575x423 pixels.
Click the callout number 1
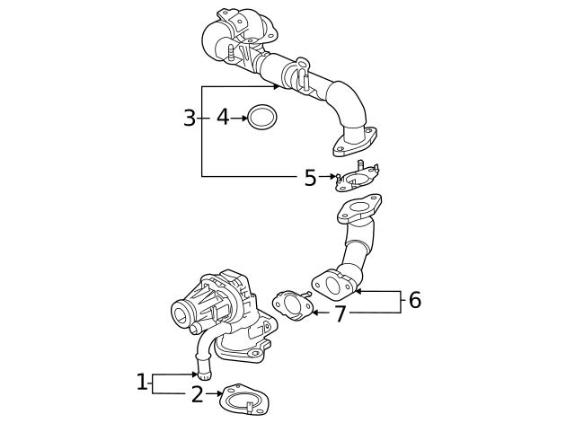pyautogui.click(x=141, y=383)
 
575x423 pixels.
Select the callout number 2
pyautogui.click(x=197, y=394)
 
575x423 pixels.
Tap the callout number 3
pyautogui.click(x=189, y=119)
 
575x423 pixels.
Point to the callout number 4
pyautogui.click(x=222, y=118)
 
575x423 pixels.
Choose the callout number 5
pyautogui.click(x=310, y=178)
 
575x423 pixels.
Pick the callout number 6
pyautogui.click(x=414, y=301)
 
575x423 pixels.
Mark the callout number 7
pyautogui.click(x=340, y=313)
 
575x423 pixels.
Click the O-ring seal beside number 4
pyautogui.click(x=261, y=117)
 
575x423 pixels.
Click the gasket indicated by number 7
pyautogui.click(x=290, y=305)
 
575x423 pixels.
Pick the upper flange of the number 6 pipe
pyautogui.click(x=359, y=209)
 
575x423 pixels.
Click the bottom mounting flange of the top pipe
pyautogui.click(x=355, y=144)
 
